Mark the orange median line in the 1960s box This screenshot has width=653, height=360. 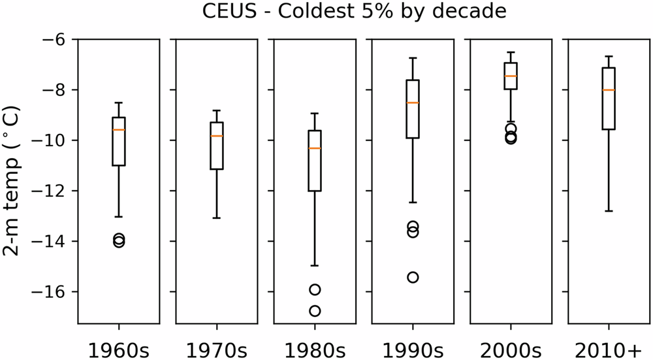pos(118,130)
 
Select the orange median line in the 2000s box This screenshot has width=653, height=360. pos(510,76)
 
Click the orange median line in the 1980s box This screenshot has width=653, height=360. pos(314,148)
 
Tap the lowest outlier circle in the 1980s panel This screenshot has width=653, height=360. pos(314,311)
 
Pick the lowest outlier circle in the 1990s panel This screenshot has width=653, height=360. pos(412,277)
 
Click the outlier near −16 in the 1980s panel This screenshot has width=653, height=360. pos(314,289)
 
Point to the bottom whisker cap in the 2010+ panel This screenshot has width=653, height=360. pos(608,211)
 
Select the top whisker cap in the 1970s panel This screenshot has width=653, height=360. pos(216,110)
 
